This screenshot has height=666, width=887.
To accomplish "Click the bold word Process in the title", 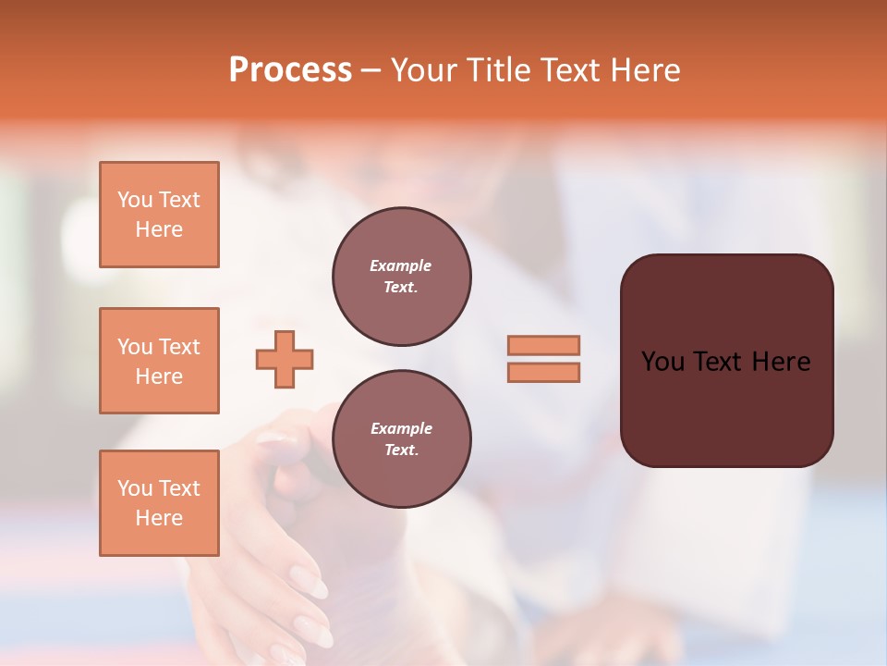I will click(290, 70).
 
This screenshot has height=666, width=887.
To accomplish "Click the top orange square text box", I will click(159, 215).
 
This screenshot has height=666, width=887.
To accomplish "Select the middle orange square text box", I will click(159, 361).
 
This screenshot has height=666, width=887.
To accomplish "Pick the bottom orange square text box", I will click(159, 503).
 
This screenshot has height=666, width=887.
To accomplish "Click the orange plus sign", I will click(285, 359).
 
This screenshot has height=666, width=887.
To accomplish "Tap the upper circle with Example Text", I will click(401, 276).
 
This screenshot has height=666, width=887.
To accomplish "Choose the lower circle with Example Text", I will click(401, 438).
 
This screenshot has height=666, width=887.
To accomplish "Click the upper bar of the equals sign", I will click(543, 345).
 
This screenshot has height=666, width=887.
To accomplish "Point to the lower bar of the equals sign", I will click(543, 372).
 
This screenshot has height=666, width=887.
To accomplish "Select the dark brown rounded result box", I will click(726, 407).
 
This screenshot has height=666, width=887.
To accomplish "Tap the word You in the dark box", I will click(662, 362).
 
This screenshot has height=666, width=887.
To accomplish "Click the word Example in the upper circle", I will click(401, 265).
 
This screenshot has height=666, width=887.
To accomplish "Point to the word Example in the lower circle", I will click(401, 428).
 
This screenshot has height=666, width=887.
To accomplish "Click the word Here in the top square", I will click(159, 229).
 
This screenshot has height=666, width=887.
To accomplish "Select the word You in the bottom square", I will click(135, 488).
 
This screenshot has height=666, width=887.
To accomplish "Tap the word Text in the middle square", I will click(179, 347).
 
